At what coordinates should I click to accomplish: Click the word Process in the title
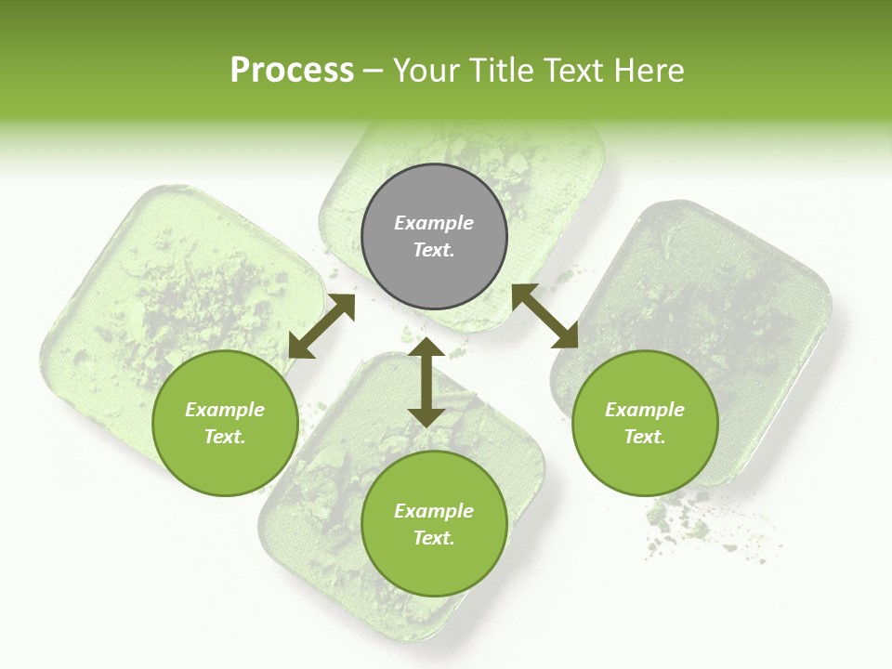(x=292, y=71)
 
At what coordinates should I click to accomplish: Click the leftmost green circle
(x=225, y=423)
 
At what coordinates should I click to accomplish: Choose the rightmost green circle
(x=645, y=423)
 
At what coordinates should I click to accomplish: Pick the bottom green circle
(x=434, y=523)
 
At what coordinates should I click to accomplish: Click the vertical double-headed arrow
(x=426, y=382)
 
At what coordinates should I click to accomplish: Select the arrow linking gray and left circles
(x=321, y=326)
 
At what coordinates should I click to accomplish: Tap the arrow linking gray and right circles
(x=545, y=316)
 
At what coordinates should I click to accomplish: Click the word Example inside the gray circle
(x=434, y=223)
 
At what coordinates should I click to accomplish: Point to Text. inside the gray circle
(x=434, y=250)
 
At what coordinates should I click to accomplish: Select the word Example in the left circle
(x=225, y=410)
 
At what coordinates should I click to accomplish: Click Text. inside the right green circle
(x=645, y=437)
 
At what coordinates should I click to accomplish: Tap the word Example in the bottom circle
(x=434, y=511)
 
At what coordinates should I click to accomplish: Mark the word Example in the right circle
(x=645, y=410)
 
